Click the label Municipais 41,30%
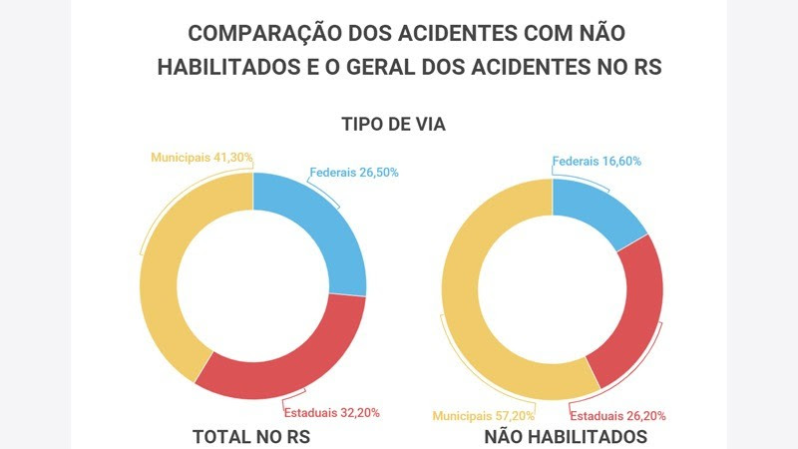(x=201, y=157)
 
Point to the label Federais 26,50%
(x=354, y=172)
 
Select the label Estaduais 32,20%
(x=331, y=412)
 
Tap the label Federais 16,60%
(x=597, y=161)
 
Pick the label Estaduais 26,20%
(x=617, y=415)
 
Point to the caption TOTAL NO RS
(x=249, y=437)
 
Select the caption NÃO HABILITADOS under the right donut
(x=566, y=437)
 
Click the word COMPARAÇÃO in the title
(x=262, y=32)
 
